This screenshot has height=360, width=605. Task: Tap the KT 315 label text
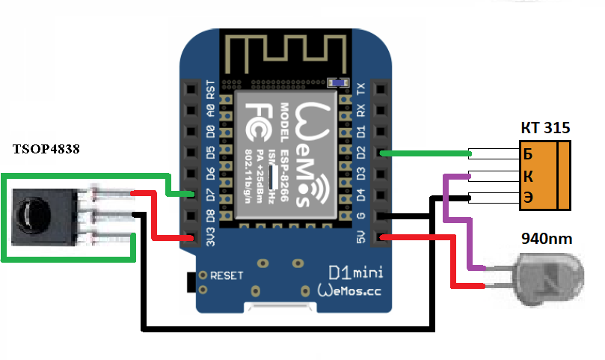pos(545,128)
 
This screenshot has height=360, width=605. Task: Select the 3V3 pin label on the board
pos(210,240)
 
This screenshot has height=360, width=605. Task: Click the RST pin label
pos(210,90)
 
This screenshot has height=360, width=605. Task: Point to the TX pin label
pos(361,89)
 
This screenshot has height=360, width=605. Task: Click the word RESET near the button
pos(227,275)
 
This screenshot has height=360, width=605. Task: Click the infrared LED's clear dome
pos(550,273)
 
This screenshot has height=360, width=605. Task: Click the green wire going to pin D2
pos(426,154)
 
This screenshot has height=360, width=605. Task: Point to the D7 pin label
pos(210,197)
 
